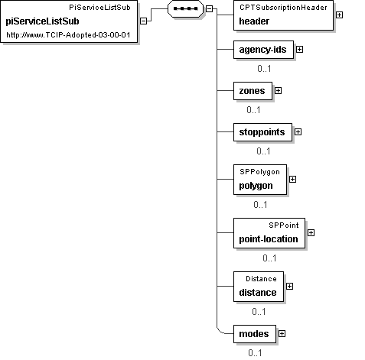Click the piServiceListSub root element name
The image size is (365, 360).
(42, 21)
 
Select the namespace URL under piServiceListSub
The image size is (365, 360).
(68, 34)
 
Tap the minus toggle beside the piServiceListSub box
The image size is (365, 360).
(144, 21)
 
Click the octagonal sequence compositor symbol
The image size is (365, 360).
(185, 8)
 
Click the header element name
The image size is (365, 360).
(254, 21)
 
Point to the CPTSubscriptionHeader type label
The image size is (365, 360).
(283, 8)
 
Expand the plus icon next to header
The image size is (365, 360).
(339, 15)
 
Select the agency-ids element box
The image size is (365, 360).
(263, 50)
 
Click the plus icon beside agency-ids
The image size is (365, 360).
(299, 50)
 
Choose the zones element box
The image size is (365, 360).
(253, 91)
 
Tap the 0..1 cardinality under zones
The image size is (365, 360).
(253, 110)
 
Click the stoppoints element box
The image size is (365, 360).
(262, 132)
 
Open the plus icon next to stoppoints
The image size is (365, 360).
(298, 132)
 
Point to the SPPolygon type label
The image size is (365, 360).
(259, 172)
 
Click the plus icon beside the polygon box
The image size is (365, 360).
(292, 180)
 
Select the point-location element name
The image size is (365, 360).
(269, 239)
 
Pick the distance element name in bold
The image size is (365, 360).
(258, 293)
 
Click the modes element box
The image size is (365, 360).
(255, 334)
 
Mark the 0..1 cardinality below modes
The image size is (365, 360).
(255, 353)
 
